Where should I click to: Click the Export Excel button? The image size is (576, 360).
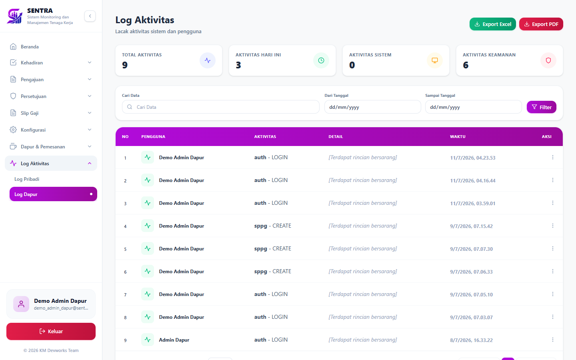pyautogui.click(x=492, y=24)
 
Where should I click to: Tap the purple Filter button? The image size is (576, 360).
pyautogui.click(x=541, y=107)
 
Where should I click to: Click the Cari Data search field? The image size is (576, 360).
pyautogui.click(x=221, y=107)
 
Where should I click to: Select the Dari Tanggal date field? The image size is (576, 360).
pyautogui.click(x=373, y=107)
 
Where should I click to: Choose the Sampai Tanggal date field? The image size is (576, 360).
pyautogui.click(x=474, y=107)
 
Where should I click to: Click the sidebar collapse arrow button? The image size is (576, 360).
pyautogui.click(x=90, y=16)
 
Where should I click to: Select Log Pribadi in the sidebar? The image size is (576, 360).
pyautogui.click(x=27, y=179)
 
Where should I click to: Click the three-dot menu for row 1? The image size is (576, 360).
pyautogui.click(x=553, y=157)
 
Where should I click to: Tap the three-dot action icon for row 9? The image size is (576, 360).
pyautogui.click(x=553, y=340)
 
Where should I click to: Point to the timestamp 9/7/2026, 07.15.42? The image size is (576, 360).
pyautogui.click(x=471, y=226)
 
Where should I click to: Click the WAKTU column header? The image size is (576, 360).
pyautogui.click(x=458, y=136)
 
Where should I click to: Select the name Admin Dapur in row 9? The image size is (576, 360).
pyautogui.click(x=174, y=340)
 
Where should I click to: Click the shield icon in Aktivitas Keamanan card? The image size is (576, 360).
pyautogui.click(x=548, y=60)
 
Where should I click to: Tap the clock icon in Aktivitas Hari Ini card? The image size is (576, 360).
pyautogui.click(x=321, y=60)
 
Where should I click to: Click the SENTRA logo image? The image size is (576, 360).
pyautogui.click(x=15, y=16)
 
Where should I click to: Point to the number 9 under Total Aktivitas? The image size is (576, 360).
pyautogui.click(x=125, y=65)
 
